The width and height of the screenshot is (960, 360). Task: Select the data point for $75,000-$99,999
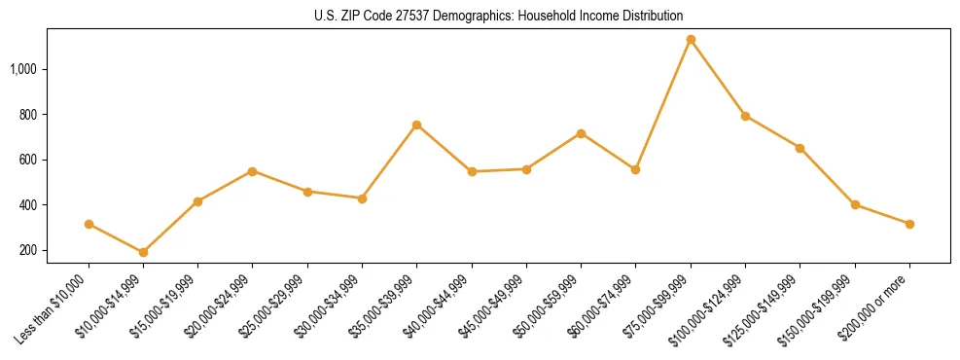tap(691, 40)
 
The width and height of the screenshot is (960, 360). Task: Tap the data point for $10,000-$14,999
tap(143, 253)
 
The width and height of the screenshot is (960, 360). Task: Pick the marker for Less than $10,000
tap(89, 224)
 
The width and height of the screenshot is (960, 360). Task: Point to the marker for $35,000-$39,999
tap(416, 125)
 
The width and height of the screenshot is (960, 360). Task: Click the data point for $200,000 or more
tap(909, 224)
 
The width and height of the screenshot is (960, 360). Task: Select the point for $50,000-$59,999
tap(581, 133)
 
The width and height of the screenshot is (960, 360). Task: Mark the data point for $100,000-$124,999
tap(745, 116)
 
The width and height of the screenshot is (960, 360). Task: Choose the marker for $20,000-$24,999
tap(253, 171)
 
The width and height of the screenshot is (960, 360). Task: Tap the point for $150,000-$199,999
tap(855, 204)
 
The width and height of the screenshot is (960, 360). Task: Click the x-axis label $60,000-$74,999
tap(606, 305)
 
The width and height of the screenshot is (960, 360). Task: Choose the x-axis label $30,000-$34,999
tap(332, 305)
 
